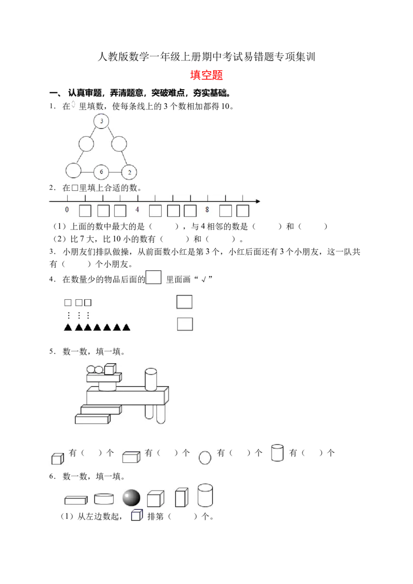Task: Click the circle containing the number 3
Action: (101, 121)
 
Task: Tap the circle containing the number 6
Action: (101, 172)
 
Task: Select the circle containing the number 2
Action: (130, 172)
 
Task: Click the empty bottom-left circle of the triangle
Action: (73, 170)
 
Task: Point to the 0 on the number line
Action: (67, 209)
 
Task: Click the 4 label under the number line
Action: (137, 209)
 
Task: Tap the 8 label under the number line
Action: (207, 209)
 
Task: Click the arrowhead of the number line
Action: (258, 201)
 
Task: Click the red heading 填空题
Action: (206, 75)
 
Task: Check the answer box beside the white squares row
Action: (184, 302)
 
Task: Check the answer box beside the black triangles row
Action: (185, 324)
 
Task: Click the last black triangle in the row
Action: (126, 328)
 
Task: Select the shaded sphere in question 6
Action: (131, 498)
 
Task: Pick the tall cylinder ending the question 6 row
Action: (205, 495)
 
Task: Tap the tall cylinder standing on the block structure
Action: (151, 380)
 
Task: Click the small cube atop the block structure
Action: (110, 369)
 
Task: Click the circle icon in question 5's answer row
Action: (204, 458)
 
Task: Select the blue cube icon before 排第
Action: (137, 515)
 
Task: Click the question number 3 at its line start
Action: (53, 252)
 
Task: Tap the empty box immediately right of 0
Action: (85, 211)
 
